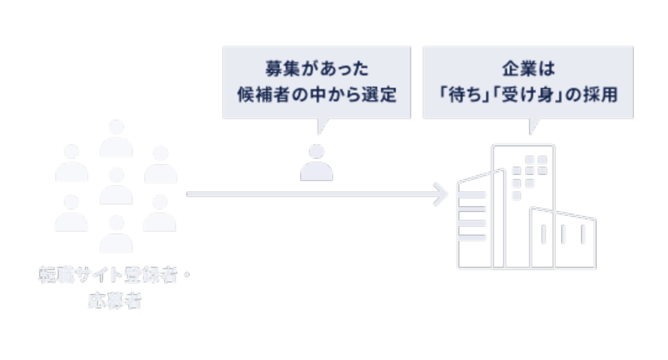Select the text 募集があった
(316, 67)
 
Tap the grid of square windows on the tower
(529, 176)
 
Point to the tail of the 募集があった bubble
(320, 127)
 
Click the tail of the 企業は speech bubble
(531, 127)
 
